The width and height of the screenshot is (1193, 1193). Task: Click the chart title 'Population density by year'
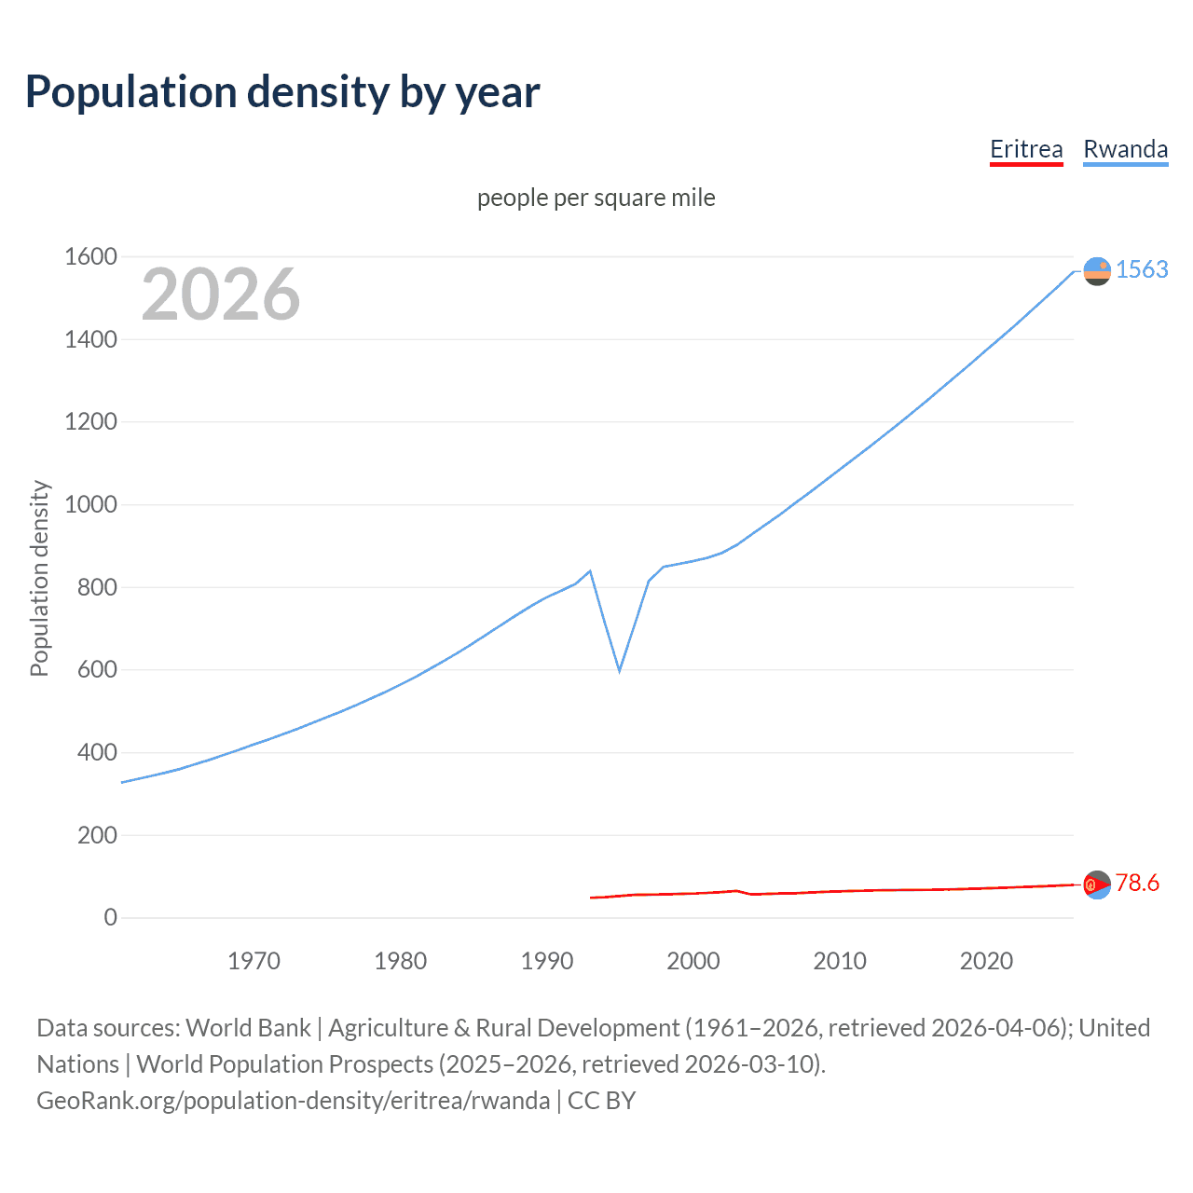pos(282,92)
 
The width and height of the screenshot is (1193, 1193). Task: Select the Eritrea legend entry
pos(1026,149)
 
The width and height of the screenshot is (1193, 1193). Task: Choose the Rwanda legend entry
pos(1125,149)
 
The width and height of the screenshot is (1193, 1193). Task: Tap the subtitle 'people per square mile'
pos(596,198)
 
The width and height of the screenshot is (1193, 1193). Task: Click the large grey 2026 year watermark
pos(221,295)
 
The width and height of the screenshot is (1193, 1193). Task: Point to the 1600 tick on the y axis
pos(90,256)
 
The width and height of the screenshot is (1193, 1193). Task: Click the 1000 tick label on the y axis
pos(90,504)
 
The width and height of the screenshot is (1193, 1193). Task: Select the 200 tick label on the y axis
pos(97,835)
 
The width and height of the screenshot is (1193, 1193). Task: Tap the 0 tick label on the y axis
pos(110,917)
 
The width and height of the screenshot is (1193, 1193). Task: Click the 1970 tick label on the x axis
pos(254,961)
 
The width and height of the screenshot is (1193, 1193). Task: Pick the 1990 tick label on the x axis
pos(547,961)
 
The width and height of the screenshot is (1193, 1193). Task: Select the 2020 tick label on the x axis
pos(986,961)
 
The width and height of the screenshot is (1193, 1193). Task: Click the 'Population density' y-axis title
pos(39,578)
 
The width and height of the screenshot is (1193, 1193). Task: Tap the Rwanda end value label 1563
pos(1142,269)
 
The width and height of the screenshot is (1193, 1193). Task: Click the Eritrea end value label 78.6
pos(1137,883)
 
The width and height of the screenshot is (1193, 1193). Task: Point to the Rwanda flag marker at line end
pos(1097,271)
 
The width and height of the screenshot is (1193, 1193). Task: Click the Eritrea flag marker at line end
pos(1097,884)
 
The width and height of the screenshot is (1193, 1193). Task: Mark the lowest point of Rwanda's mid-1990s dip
pos(619,670)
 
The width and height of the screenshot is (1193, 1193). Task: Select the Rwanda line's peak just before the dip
pos(590,570)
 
